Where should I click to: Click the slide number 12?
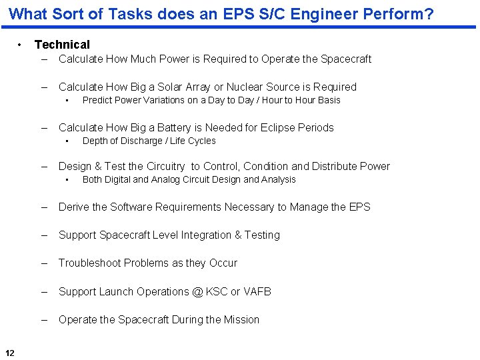(x=10, y=353)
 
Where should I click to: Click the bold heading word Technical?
(x=62, y=45)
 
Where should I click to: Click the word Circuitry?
(x=165, y=166)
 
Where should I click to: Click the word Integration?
(x=203, y=235)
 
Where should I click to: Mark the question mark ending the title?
(x=429, y=13)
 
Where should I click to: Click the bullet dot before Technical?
(x=21, y=45)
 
